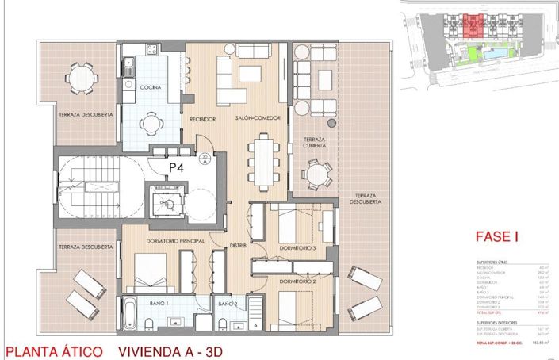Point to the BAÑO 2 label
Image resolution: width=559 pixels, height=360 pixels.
pyautogui.click(x=228, y=304)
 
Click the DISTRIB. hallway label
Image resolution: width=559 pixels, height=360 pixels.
pyautogui.click(x=239, y=246)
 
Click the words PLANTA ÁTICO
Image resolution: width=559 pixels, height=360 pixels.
pyautogui.click(x=52, y=350)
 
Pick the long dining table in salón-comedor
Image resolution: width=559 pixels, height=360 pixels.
pyautogui.click(x=262, y=160)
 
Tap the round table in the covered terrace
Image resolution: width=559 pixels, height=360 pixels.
pyautogui.click(x=318, y=173)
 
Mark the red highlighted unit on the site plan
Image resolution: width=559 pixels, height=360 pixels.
pyautogui.click(x=474, y=25)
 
